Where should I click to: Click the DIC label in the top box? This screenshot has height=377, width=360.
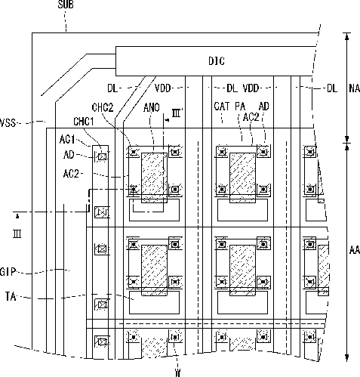click(x=217, y=61)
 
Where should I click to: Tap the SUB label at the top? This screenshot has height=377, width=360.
click(x=66, y=5)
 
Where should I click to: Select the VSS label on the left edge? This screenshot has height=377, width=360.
click(x=8, y=123)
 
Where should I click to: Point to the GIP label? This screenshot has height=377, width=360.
click(x=8, y=272)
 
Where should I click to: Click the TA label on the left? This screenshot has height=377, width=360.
click(x=11, y=296)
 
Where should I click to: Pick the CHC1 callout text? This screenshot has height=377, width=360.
click(x=83, y=122)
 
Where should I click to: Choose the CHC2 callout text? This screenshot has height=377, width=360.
click(x=103, y=107)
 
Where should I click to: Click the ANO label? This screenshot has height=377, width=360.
click(x=152, y=108)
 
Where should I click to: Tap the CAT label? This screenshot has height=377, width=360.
click(x=222, y=107)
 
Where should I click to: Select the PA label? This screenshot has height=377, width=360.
click(x=240, y=107)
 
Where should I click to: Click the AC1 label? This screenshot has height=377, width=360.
click(x=67, y=139)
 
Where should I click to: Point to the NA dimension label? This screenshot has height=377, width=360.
click(x=355, y=88)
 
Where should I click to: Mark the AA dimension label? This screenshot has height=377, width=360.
click(x=355, y=250)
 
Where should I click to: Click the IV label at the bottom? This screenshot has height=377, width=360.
click(x=177, y=372)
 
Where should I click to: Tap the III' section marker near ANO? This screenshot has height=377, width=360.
click(x=177, y=113)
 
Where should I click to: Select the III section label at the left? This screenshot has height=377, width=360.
click(x=17, y=234)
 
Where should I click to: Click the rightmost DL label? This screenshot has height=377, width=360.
click(x=332, y=88)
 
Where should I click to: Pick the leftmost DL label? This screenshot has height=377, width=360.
click(x=112, y=88)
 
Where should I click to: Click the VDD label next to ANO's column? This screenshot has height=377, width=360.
click(x=162, y=88)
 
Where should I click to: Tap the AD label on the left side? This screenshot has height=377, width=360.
click(x=69, y=155)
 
